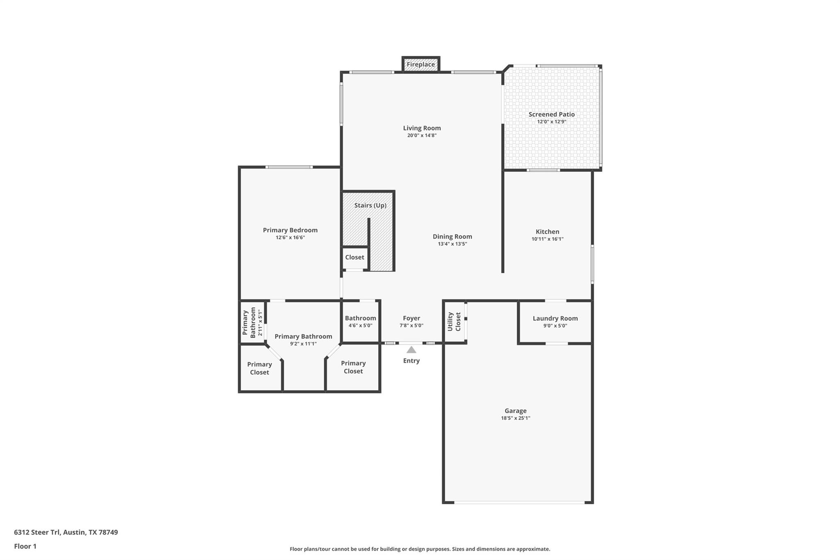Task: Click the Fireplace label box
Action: coord(420,64)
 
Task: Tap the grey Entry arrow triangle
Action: coord(411,350)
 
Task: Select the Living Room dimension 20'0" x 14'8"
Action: coord(422,135)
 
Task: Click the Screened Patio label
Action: coord(551,114)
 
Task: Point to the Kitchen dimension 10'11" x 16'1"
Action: coord(547,239)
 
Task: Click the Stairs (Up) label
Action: coord(370,205)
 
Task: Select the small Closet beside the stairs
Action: coord(354,258)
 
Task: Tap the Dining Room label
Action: coord(452,236)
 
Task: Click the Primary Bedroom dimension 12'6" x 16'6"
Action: coord(290,238)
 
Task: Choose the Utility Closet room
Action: coord(454,322)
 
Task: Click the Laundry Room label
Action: coord(555,318)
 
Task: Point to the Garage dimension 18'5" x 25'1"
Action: coord(515,418)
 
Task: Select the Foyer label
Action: coord(411,318)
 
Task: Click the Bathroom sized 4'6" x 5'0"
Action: coord(360,321)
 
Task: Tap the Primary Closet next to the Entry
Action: coord(353,367)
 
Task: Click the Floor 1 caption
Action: coord(25,546)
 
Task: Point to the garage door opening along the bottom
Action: coord(518,502)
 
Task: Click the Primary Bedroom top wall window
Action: coord(289,167)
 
